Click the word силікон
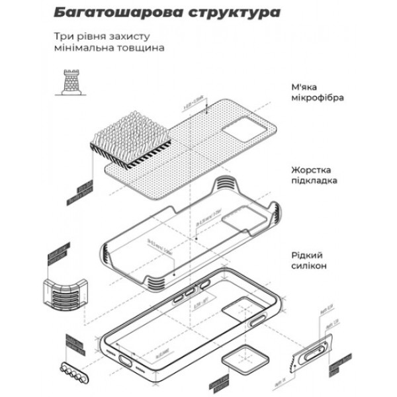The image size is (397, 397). (x=309, y=265)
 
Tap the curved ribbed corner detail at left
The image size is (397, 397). (x=66, y=292)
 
